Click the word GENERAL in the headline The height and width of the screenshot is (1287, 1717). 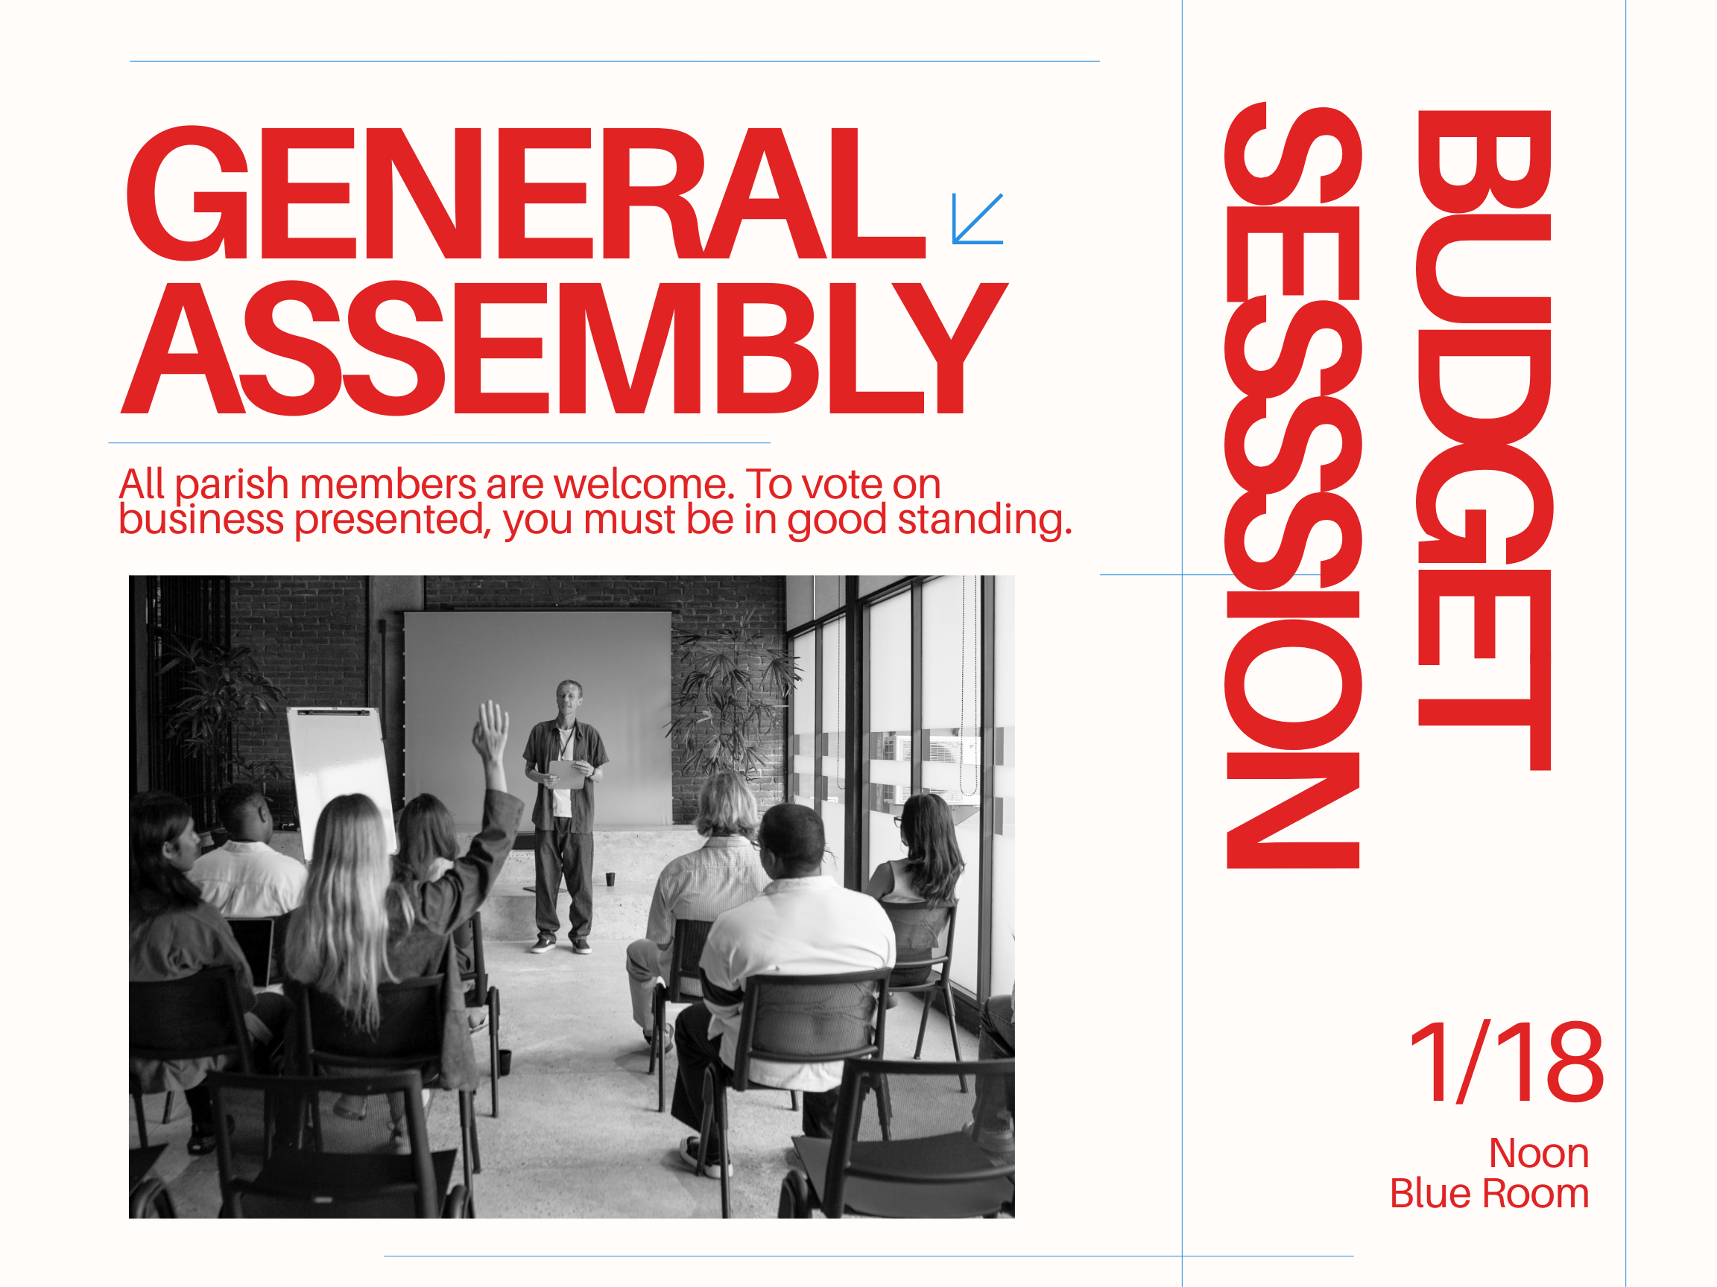click(525, 192)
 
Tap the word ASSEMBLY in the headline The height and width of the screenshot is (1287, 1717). click(564, 348)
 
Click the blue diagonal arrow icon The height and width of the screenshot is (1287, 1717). click(977, 219)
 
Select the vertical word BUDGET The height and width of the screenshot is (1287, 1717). click(1484, 440)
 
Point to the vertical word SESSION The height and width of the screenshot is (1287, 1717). click(1292, 485)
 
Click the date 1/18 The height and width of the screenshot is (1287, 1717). click(1507, 1062)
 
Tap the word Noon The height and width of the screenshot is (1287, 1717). click(1538, 1154)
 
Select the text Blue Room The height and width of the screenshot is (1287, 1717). click(1490, 1194)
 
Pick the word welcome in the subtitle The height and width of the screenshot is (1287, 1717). click(643, 484)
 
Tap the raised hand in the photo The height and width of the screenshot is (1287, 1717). click(490, 730)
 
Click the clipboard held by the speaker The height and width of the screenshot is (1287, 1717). click(566, 775)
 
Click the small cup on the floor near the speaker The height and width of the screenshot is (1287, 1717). click(610, 879)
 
